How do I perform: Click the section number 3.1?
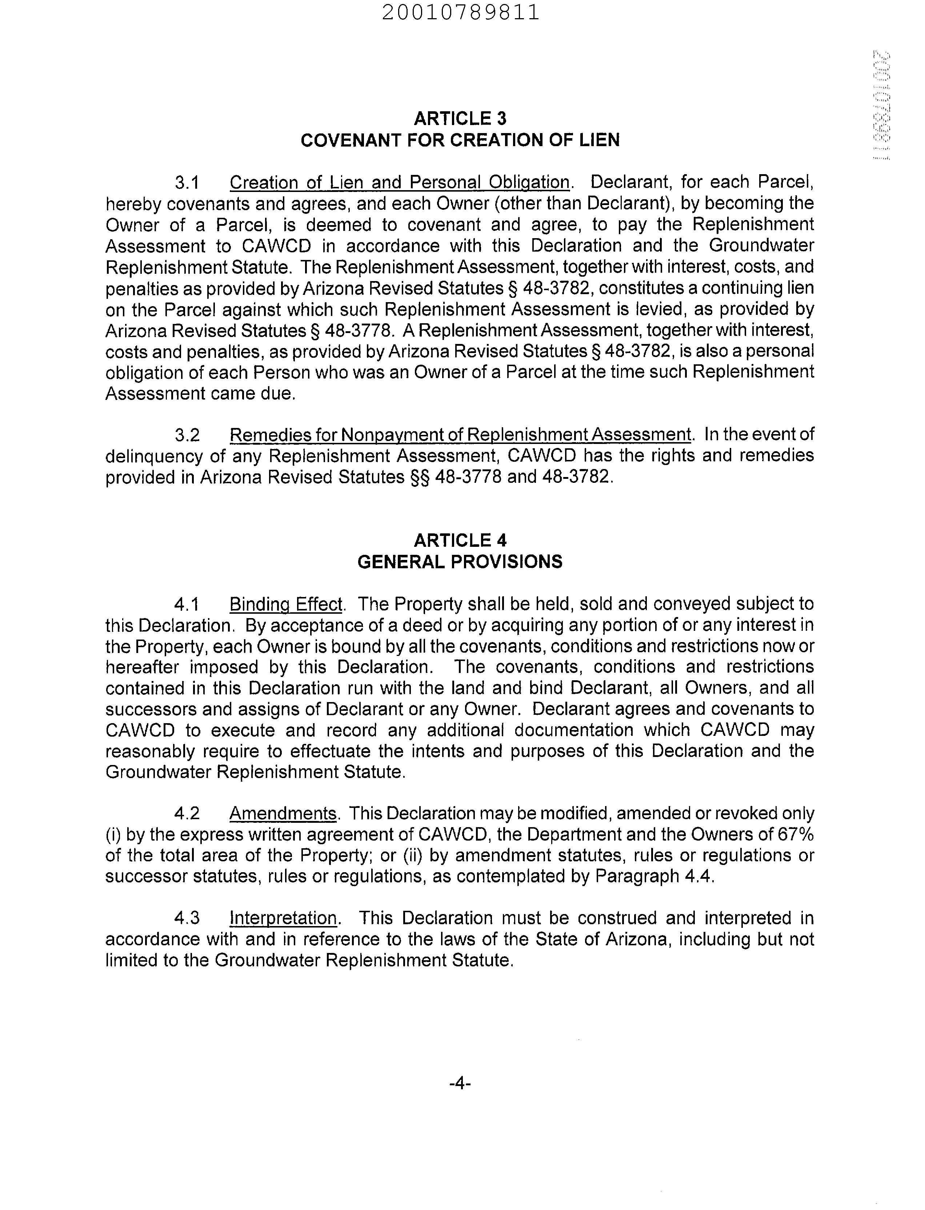click(x=187, y=182)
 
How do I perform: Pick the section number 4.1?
click(x=187, y=604)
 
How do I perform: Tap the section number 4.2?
click(x=187, y=814)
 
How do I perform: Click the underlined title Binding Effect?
click(x=286, y=604)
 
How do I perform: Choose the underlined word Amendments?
click(x=283, y=814)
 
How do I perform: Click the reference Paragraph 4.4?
click(x=654, y=876)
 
